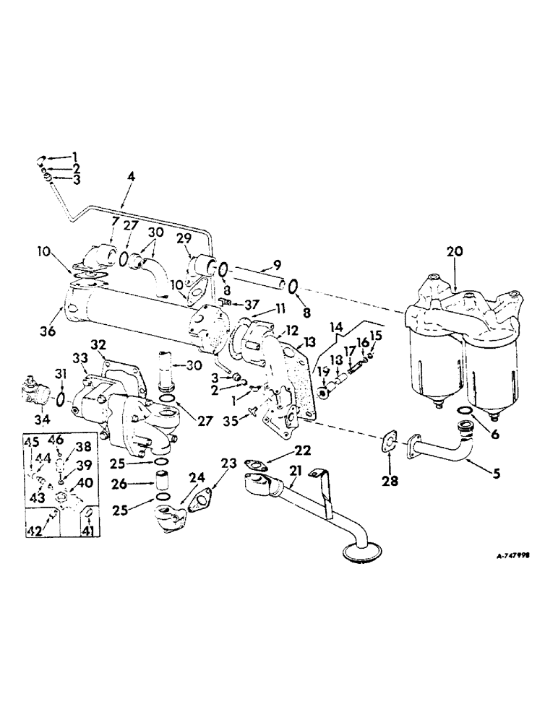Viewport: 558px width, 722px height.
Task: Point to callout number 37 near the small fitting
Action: [252, 303]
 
